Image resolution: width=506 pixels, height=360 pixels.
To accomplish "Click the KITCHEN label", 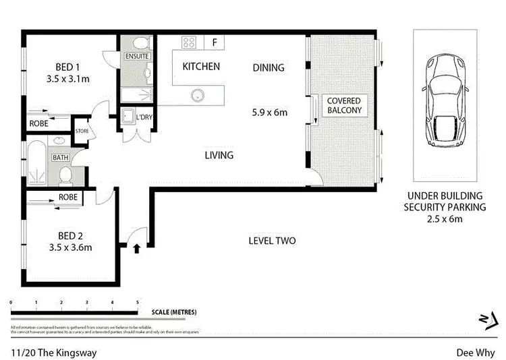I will pyautogui.click(x=201, y=66).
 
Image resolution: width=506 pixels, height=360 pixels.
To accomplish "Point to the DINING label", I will pyautogui.click(x=269, y=67).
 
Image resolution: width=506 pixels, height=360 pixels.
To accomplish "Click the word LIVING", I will pyautogui.click(x=219, y=155).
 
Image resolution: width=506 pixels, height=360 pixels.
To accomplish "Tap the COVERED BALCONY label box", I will pyautogui.click(x=344, y=106).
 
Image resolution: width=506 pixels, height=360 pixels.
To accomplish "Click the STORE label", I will pyautogui.click(x=82, y=131).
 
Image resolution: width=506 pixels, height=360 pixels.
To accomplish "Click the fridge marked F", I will pyautogui.click(x=215, y=42).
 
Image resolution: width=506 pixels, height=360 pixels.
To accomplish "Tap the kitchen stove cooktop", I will pyautogui.click(x=189, y=42).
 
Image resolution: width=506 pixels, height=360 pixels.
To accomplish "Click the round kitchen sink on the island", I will pyautogui.click(x=198, y=95).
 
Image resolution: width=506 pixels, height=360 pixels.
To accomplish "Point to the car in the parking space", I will pyautogui.click(x=443, y=103).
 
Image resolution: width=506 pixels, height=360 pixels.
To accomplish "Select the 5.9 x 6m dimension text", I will pyautogui.click(x=270, y=112).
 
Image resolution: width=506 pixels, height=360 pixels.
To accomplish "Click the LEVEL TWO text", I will pyautogui.click(x=272, y=241).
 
